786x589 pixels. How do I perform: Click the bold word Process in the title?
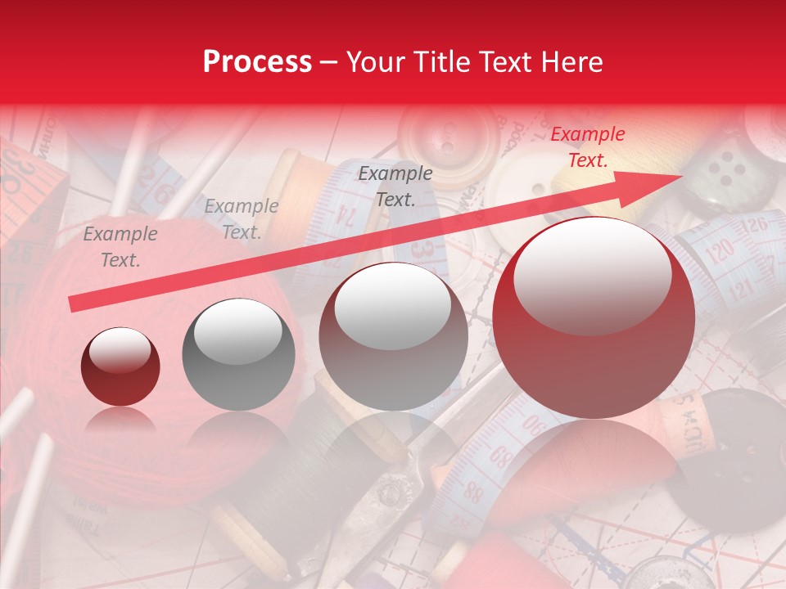(x=257, y=62)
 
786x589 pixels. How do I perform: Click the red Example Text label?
(x=587, y=147)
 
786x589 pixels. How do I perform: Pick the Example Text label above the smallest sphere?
(x=120, y=247)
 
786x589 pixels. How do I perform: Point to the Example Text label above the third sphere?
(x=395, y=187)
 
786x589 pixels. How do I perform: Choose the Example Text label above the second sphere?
(x=241, y=219)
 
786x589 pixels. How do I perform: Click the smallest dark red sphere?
(x=120, y=366)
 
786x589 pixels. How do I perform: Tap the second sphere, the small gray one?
(x=237, y=353)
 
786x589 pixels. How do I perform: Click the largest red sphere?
(x=594, y=317)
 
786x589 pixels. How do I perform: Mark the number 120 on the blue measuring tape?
(x=720, y=254)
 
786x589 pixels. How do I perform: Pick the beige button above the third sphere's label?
(x=448, y=135)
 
